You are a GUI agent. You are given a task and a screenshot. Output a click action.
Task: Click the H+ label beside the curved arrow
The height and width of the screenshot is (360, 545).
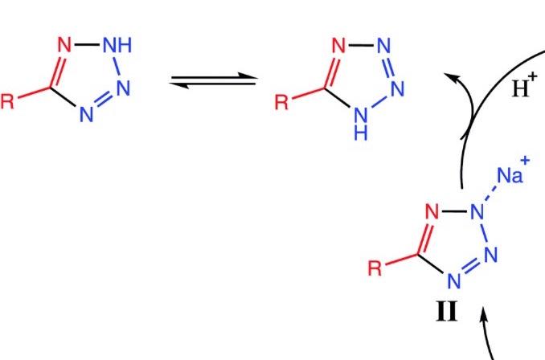(521, 87)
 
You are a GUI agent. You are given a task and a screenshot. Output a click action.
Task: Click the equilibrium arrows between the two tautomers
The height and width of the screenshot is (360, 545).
(213, 80)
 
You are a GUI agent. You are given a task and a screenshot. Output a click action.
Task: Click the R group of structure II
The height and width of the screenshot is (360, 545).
(375, 268)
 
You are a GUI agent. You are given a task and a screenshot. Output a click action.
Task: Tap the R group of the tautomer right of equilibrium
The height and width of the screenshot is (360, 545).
(281, 102)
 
